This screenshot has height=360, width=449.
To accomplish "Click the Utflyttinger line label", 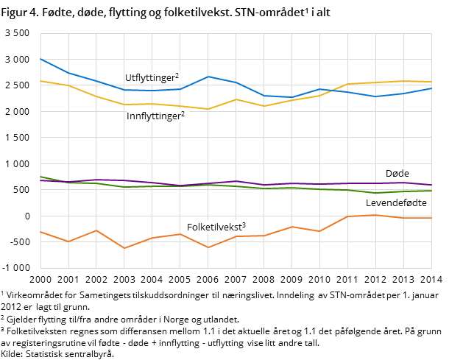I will (149, 78).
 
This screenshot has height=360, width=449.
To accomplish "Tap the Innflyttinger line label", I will (153, 116).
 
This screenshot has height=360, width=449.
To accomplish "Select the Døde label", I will (397, 174).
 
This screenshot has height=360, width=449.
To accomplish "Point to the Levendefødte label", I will (396, 202).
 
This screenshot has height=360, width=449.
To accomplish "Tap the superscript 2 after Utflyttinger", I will (177, 75).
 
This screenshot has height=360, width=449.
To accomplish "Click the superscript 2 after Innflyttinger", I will (183, 113).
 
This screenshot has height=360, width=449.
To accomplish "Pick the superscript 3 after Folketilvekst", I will (244, 225).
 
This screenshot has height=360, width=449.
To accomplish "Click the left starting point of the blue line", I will (40, 58).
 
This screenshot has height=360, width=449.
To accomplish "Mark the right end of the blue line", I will (432, 88).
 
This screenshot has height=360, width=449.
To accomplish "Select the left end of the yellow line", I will (40, 80).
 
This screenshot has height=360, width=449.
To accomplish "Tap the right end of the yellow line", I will (432, 82).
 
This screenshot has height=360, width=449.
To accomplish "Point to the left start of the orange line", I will (40, 232).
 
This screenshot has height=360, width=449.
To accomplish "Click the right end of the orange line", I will (432, 218).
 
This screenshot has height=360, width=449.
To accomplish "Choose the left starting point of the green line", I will (40, 177).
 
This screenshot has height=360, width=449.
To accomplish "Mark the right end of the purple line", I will (432, 185).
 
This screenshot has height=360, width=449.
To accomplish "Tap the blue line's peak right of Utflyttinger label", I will (208, 77).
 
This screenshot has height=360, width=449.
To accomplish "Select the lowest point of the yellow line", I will (208, 109).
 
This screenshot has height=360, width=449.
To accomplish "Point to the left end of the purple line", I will (40, 180).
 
